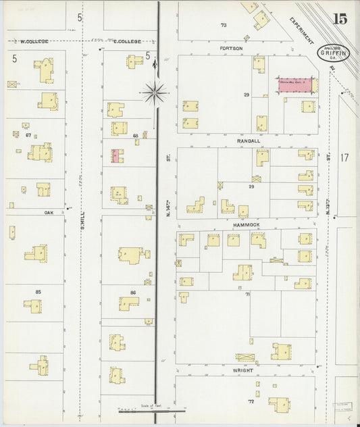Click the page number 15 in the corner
[x=340, y=18]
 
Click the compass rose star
[x=156, y=90]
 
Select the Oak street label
[x=49, y=211]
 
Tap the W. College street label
[x=34, y=41]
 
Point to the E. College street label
[x=128, y=41]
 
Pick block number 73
[x=224, y=25]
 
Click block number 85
[x=38, y=292]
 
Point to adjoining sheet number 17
[x=344, y=157]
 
